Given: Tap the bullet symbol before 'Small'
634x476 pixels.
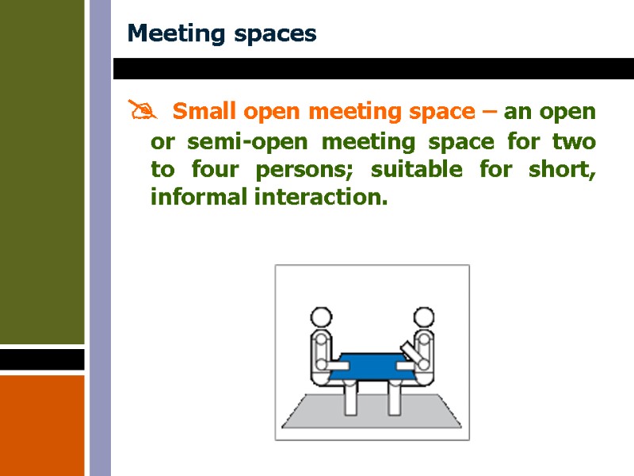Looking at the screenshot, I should pyautogui.click(x=141, y=112).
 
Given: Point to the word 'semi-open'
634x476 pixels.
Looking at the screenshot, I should pyautogui.click(x=237, y=143).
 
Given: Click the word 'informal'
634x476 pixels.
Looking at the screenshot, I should pyautogui.click(x=198, y=197).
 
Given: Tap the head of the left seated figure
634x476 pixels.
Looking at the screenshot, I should pyautogui.click(x=321, y=318).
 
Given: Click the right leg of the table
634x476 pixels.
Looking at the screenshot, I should pyautogui.click(x=393, y=400).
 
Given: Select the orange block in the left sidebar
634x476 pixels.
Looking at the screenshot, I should pyautogui.click(x=42, y=424).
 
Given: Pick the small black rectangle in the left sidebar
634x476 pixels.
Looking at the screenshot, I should pyautogui.click(x=42, y=359).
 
